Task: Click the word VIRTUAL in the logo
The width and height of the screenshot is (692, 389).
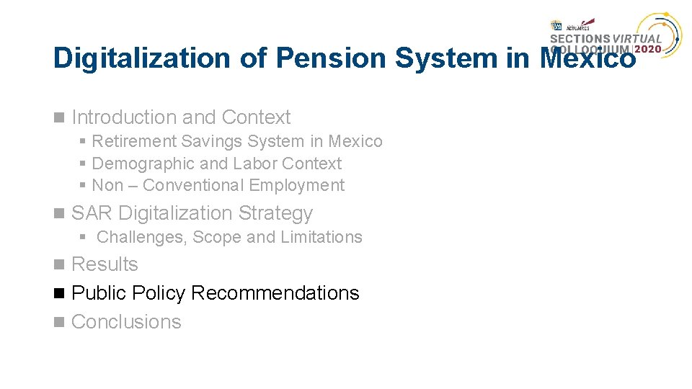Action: (x=638, y=39)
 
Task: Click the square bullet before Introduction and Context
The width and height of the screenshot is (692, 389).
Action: (x=58, y=117)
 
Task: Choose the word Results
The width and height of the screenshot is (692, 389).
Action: (x=105, y=264)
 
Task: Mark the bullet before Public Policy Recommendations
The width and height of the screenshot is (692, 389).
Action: (x=58, y=293)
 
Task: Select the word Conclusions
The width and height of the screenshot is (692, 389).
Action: (x=126, y=322)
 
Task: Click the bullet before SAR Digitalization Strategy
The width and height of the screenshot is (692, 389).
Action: (x=58, y=213)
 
